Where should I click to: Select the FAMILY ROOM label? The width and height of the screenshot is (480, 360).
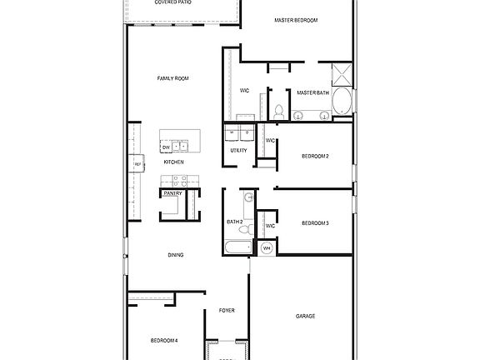(x=173, y=78)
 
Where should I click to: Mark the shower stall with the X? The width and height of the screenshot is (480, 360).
(x=342, y=74)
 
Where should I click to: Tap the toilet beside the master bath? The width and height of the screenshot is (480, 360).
(x=281, y=110)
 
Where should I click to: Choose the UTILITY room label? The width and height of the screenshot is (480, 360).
(x=239, y=151)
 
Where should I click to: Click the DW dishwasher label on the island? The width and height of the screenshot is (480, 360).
(x=167, y=147)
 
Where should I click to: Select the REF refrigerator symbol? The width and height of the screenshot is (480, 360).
(x=137, y=165)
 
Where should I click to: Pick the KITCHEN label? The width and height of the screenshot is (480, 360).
(x=173, y=162)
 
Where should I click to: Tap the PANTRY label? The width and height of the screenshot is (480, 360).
(x=173, y=193)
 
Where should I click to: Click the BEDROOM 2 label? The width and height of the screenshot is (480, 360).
(x=315, y=156)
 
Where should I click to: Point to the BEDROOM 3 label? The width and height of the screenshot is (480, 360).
(x=315, y=222)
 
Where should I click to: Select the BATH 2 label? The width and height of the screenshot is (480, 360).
(x=235, y=222)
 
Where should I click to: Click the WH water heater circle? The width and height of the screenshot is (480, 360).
(x=267, y=247)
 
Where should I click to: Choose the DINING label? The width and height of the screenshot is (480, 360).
(x=176, y=255)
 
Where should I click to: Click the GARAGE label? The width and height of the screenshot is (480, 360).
(x=305, y=316)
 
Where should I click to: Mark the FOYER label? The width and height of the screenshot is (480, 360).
(x=227, y=310)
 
